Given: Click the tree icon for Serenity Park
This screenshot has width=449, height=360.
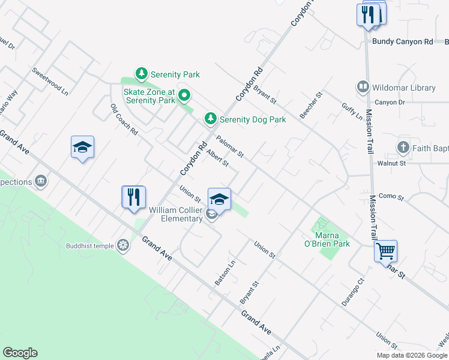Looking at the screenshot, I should click(141, 74).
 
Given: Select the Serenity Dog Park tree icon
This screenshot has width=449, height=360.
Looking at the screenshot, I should click(210, 119).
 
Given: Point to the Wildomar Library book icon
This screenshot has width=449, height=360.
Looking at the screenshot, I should click(363, 88).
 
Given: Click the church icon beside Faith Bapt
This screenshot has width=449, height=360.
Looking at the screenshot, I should click(403, 147).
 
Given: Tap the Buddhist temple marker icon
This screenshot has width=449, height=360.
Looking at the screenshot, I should click(123, 245).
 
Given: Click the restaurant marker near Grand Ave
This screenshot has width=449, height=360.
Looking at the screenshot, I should click(133, 196).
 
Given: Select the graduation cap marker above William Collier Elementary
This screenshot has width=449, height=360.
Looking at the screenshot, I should click(219, 199).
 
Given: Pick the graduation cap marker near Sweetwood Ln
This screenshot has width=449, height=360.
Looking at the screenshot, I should click(82, 147).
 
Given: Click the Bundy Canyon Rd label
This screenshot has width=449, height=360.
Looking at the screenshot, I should click(402, 42).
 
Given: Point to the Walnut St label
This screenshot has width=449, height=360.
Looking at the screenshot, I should click(391, 163).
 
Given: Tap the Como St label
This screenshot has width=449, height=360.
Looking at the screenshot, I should click(393, 196).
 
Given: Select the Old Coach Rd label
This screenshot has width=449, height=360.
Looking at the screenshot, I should click(124, 119).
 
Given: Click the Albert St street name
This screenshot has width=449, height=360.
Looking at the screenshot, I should click(217, 158).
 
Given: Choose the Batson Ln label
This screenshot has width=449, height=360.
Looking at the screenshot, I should click(225, 272).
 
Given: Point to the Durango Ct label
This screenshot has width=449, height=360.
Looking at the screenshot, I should click(353, 292).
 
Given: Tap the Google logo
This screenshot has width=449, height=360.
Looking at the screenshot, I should click(20, 353).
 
